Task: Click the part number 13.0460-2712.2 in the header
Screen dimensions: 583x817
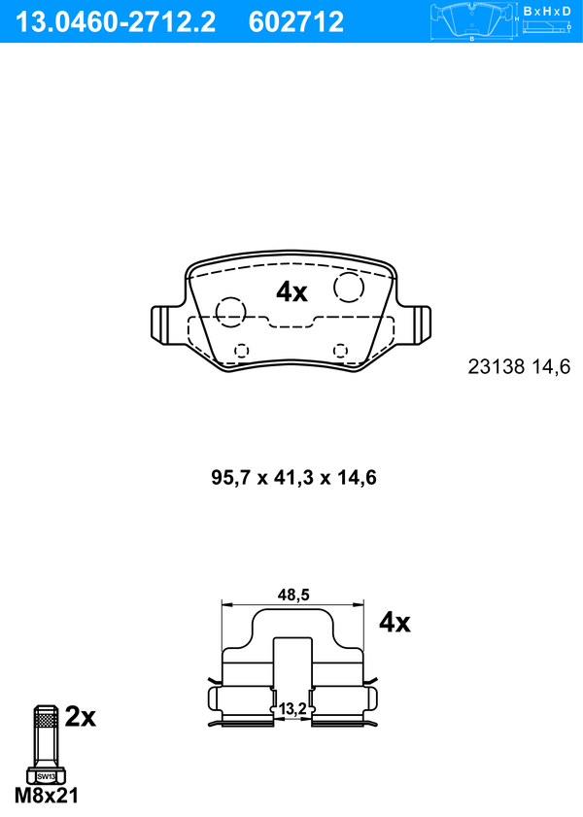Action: click(116, 22)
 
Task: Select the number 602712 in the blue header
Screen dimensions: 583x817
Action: click(296, 22)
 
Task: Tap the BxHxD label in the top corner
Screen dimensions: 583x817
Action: click(547, 11)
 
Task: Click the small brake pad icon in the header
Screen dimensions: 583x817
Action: click(471, 20)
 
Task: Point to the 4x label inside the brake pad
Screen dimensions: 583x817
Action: click(291, 291)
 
